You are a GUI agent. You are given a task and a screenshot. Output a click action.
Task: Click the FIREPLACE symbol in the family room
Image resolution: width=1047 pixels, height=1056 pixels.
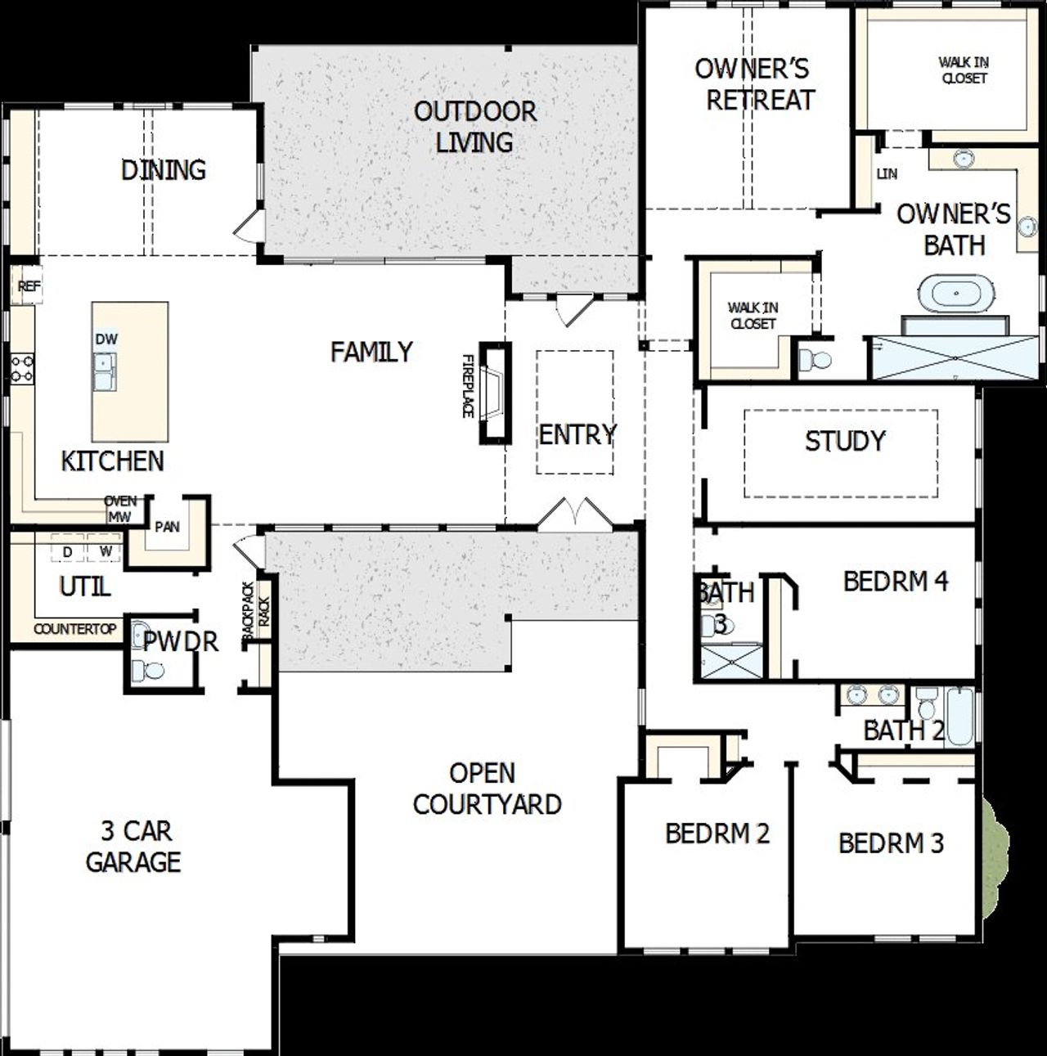(x=494, y=393)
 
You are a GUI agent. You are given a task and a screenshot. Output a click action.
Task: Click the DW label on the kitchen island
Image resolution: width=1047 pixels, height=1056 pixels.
(x=106, y=339)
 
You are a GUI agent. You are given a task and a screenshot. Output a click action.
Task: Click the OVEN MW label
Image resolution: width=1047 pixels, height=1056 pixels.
(x=119, y=510)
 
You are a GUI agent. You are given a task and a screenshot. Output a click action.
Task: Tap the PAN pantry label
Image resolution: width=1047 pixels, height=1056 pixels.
(x=167, y=527)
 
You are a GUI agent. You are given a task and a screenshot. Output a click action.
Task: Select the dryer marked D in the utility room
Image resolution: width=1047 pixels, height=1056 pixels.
(x=67, y=552)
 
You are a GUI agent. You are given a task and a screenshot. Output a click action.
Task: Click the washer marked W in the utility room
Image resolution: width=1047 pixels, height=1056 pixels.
(x=106, y=552)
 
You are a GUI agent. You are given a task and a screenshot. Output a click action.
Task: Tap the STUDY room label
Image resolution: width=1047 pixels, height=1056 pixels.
(x=845, y=442)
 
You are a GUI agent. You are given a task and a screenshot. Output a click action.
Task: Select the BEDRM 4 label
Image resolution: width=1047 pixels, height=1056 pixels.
(x=896, y=582)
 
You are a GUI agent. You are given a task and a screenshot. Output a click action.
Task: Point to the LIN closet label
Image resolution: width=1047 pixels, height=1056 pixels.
(x=887, y=174)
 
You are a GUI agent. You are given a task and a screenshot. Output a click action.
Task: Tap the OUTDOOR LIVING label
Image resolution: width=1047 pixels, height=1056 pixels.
(x=474, y=127)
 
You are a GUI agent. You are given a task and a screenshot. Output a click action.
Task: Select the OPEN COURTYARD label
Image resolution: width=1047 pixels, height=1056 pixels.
(x=488, y=789)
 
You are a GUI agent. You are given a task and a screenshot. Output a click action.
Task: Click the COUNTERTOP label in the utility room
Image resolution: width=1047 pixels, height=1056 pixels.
(x=74, y=630)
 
